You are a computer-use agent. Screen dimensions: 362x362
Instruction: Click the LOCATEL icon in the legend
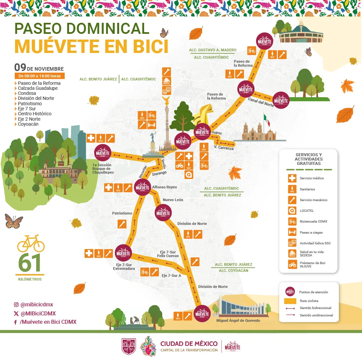coord(292,210)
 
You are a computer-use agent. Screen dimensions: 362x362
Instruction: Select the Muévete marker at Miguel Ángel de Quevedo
coord(202,314)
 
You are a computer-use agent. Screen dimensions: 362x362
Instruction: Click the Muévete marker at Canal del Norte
coord(281,100)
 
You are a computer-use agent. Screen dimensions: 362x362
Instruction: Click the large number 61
coord(29,263)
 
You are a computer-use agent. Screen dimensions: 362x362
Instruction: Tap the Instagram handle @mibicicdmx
coord(37,305)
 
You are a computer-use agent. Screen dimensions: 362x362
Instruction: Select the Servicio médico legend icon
coord(292,178)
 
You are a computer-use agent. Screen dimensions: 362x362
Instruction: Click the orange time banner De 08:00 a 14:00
coord(40,76)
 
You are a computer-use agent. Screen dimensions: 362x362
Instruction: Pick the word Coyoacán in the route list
coord(28,124)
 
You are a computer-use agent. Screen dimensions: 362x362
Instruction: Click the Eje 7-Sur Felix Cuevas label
coord(168,254)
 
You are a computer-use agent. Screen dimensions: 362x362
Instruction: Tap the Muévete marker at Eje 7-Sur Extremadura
coord(123,253)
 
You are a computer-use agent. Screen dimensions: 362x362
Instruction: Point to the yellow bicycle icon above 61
coord(31,243)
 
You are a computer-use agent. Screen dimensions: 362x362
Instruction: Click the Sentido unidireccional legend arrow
coord(290,315)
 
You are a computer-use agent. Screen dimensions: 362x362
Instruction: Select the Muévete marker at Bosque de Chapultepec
coord(103,153)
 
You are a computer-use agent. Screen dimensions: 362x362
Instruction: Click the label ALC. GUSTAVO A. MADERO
coord(213,50)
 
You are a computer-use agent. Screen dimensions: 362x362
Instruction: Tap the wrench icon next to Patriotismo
coord(122,224)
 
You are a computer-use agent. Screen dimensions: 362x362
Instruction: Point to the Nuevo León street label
coord(173,200)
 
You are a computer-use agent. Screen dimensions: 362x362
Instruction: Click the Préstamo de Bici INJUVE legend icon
coord(292,264)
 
